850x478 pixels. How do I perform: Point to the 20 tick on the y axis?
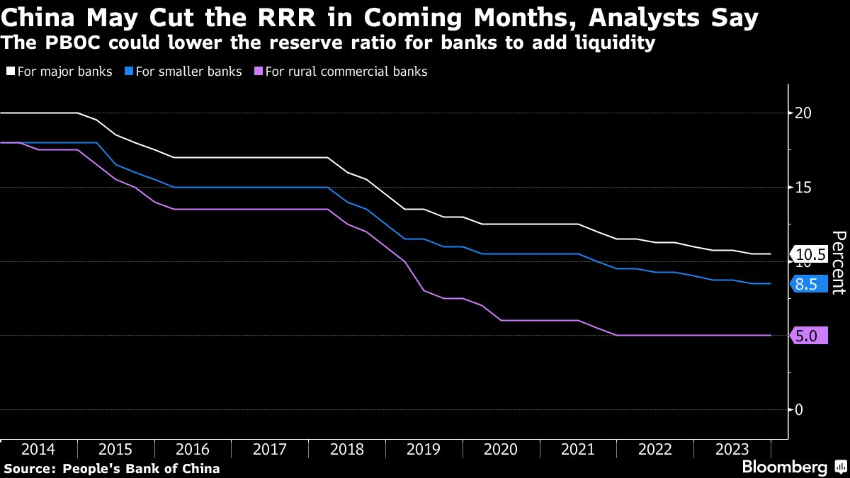click(803, 113)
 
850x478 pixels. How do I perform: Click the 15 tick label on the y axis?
click(803, 188)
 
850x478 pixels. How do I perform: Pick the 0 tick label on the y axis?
click(798, 410)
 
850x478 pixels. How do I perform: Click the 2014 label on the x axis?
click(38, 450)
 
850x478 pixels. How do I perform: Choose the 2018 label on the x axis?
click(347, 450)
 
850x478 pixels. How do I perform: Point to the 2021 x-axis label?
click(578, 450)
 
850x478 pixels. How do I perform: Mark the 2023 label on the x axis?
click(732, 450)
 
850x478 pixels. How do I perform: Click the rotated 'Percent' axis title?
click(838, 262)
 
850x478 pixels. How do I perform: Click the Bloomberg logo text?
click(784, 467)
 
